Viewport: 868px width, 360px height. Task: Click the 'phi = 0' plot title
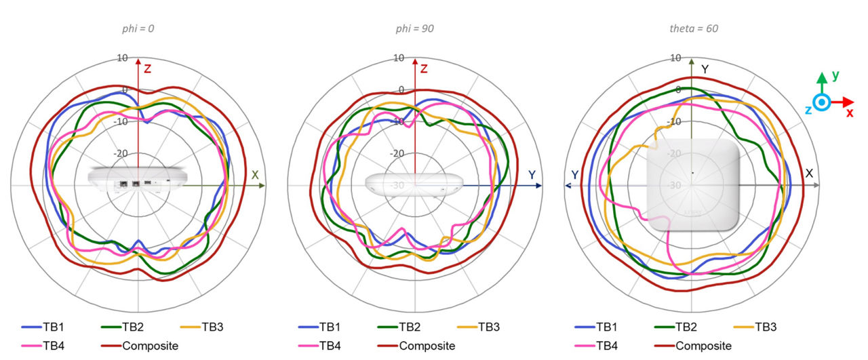[x=138, y=29]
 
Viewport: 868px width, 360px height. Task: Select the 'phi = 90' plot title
[x=414, y=29]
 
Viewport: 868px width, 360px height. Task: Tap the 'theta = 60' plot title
[x=690, y=29]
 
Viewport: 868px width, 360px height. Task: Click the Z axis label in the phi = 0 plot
[x=147, y=68]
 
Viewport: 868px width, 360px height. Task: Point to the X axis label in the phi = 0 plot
[x=255, y=175]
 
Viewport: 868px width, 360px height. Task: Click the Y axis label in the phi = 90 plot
[x=532, y=175]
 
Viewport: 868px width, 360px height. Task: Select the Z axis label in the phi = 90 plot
[x=424, y=68]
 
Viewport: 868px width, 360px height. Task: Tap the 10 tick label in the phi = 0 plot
[x=122, y=58]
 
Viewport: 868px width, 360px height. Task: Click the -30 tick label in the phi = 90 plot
[x=399, y=185]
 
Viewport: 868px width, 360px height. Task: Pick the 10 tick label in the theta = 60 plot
[x=675, y=58]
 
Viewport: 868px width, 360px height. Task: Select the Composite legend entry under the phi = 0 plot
[x=139, y=346]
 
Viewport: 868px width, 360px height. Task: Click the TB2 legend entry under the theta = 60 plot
[x=686, y=327]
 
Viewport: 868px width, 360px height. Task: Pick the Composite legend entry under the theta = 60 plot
[x=692, y=346]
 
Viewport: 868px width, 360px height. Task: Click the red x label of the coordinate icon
[x=849, y=113]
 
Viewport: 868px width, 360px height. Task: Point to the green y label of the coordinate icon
[x=835, y=76]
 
